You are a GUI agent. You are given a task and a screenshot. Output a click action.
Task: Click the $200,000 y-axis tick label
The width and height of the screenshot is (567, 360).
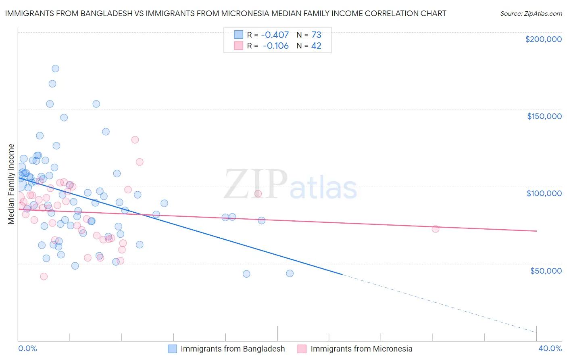(x=543, y=39)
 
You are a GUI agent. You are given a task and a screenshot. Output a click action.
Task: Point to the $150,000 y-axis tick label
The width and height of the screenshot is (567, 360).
(x=544, y=116)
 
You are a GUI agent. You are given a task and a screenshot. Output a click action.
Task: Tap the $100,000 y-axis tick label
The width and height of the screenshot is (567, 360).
(x=544, y=193)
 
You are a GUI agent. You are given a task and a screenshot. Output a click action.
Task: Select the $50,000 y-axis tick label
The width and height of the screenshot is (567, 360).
(x=546, y=270)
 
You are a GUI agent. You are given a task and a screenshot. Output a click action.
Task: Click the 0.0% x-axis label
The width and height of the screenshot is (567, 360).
(x=27, y=348)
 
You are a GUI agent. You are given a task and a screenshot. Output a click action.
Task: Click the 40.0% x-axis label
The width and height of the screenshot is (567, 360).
(x=550, y=348)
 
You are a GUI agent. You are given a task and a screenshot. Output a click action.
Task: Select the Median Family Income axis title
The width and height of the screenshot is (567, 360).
(x=11, y=184)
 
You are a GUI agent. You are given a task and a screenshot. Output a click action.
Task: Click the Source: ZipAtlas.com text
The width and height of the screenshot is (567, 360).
(x=531, y=14)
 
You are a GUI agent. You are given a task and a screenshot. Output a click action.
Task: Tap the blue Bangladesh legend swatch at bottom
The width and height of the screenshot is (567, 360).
(x=173, y=349)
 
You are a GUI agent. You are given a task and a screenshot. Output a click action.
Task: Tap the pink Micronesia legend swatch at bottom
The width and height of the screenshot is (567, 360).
(x=302, y=349)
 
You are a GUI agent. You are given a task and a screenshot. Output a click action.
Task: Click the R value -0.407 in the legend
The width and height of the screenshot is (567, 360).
(x=275, y=35)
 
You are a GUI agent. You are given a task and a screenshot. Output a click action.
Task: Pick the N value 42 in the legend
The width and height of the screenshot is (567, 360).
(x=316, y=46)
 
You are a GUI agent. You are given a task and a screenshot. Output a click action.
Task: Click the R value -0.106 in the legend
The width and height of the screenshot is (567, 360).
(x=275, y=46)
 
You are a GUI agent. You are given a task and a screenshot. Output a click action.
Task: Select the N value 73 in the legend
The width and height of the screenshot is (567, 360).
(x=316, y=35)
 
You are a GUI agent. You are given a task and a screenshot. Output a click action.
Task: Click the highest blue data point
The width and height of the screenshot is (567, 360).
(x=55, y=69)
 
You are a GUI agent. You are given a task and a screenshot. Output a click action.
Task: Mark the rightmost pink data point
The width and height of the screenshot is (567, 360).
(x=435, y=229)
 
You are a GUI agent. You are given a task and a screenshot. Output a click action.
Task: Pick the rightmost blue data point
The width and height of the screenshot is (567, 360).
(x=290, y=273)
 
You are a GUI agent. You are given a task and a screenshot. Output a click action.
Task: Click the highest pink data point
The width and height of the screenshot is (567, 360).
(x=135, y=140)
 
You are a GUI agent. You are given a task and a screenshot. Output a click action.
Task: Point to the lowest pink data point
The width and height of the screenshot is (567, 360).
(x=44, y=276)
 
